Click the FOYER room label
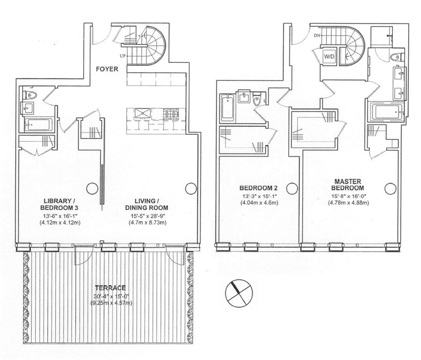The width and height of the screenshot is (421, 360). [107, 69]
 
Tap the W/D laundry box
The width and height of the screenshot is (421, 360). [329, 57]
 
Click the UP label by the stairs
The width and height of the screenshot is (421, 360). [123, 56]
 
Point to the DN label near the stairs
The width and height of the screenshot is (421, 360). [317, 36]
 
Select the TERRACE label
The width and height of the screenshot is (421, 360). [110, 288]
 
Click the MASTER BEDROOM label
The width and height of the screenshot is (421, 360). [348, 185]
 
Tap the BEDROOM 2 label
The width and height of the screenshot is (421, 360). [259, 188]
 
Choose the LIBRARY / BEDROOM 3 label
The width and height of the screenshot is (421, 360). [59, 204]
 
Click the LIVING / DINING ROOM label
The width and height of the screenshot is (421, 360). [146, 204]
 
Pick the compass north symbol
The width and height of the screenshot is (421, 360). [239, 293]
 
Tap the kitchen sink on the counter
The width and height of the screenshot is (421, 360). [143, 113]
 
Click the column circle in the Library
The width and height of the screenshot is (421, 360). [92, 188]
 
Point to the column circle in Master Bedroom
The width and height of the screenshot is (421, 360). [390, 188]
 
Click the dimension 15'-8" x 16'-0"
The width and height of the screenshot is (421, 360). [348, 196]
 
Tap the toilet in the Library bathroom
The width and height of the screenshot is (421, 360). [30, 95]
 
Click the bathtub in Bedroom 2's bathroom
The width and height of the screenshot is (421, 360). [227, 108]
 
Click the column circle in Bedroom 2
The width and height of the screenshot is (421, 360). [292, 188]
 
